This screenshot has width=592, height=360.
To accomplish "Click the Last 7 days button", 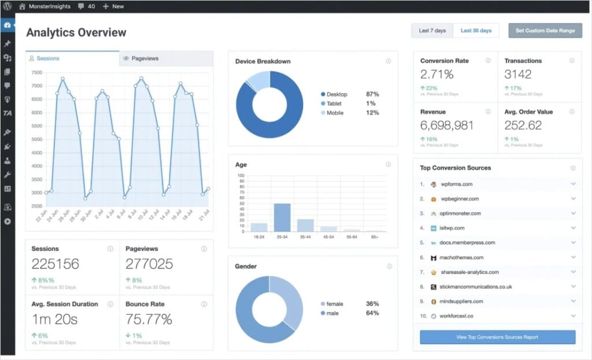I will (432, 31).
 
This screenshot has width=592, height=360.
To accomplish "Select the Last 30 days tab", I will (476, 31).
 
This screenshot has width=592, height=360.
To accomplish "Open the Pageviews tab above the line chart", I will (145, 58).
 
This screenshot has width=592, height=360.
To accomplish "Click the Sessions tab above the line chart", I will (48, 58).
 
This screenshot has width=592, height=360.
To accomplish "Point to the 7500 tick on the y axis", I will (36, 73).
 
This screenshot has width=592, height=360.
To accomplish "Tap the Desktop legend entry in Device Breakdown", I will (336, 94).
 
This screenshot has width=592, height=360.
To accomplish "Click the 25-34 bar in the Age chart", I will (282, 218).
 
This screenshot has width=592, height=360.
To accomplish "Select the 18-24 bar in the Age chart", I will (259, 227).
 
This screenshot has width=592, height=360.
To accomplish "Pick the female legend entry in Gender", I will (335, 303).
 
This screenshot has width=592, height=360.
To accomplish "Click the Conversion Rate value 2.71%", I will (436, 75).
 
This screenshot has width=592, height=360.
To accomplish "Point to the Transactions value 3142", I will (517, 75).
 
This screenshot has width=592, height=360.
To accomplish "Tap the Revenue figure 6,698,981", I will (447, 125).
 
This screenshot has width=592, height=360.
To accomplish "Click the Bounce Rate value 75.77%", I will (149, 320).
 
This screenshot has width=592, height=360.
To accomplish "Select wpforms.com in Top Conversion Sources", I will (456, 184).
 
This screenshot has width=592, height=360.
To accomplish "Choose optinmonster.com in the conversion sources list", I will (460, 214).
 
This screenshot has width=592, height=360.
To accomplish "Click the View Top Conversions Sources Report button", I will (497, 337).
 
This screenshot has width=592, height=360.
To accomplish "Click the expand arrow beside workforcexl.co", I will (573, 316).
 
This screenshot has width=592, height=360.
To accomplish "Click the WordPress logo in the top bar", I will (8, 6).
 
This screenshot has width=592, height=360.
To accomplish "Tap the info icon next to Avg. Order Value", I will (572, 112).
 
